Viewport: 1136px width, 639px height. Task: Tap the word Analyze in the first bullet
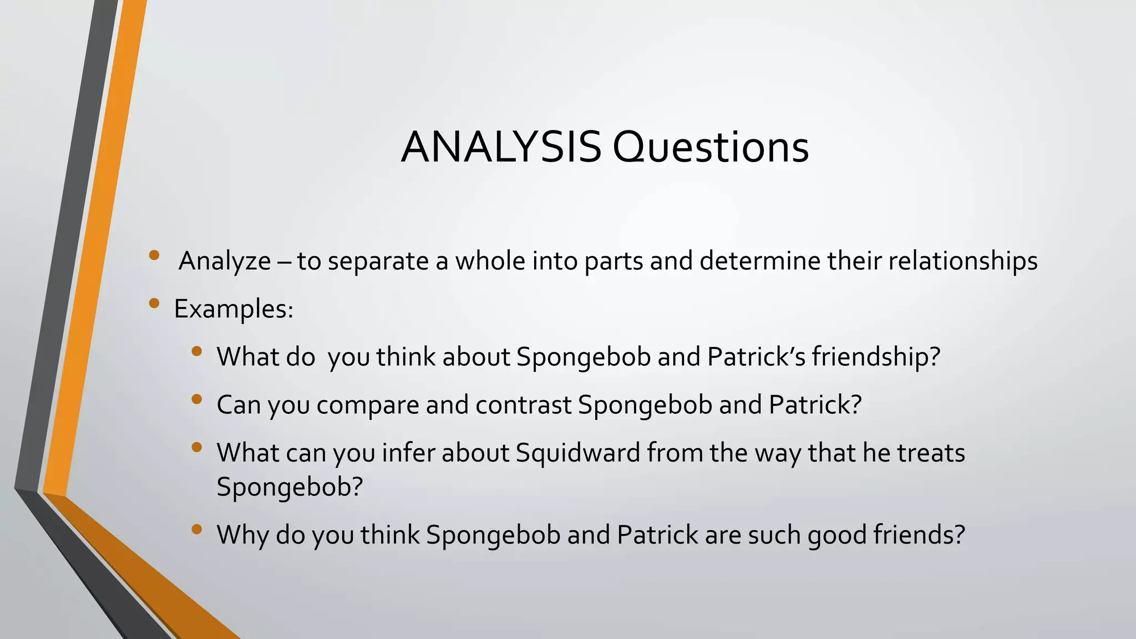pyautogui.click(x=225, y=261)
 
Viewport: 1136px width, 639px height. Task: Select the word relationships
pyautogui.click(x=963, y=261)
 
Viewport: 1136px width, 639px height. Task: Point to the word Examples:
pyautogui.click(x=234, y=309)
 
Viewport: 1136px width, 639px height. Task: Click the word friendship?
pyautogui.click(x=876, y=357)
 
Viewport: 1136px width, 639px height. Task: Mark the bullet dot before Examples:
pyautogui.click(x=154, y=303)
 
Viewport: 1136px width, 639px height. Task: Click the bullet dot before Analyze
pyautogui.click(x=154, y=255)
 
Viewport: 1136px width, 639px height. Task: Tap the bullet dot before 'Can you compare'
pyautogui.click(x=196, y=399)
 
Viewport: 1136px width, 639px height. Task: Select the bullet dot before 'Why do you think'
pyautogui.click(x=196, y=529)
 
